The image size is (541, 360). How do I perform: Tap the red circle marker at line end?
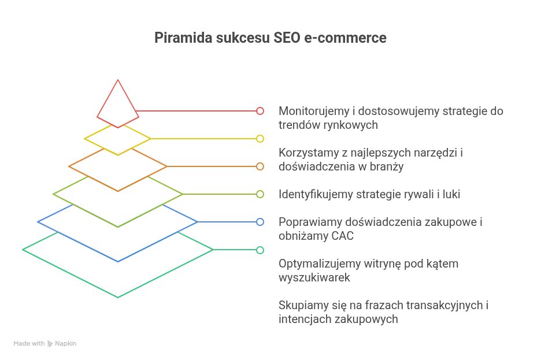[260, 111]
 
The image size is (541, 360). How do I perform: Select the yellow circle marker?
[260, 139]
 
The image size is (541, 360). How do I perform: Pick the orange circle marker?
[260, 166]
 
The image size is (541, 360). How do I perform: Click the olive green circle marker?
[260, 194]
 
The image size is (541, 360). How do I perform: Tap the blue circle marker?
[260, 222]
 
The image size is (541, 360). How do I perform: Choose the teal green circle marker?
[260, 250]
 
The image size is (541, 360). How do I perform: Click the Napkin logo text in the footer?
[65, 343]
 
